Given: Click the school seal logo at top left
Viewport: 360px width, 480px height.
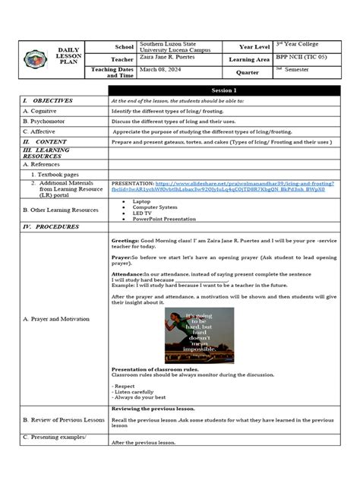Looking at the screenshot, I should (33, 59).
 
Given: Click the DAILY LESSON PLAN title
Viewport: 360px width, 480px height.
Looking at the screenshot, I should (68, 59).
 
